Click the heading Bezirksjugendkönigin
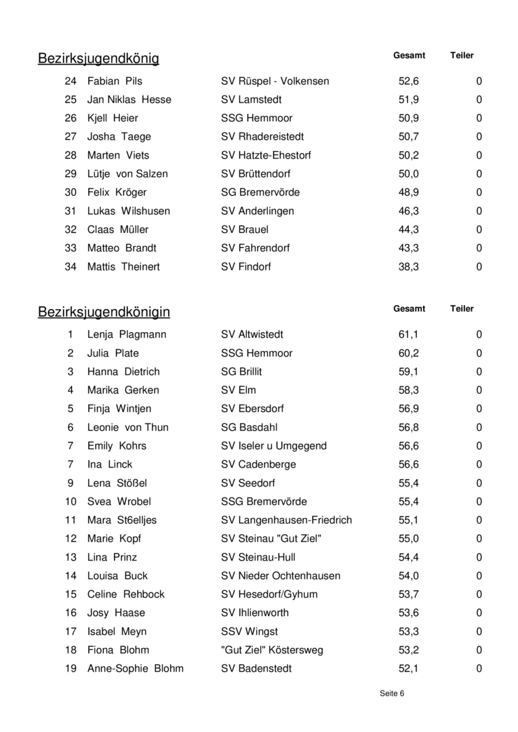pyautogui.click(x=104, y=312)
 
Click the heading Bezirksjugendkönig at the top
pyautogui.click(x=98, y=59)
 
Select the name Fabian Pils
pyautogui.click(x=115, y=81)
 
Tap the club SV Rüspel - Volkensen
pyautogui.click(x=275, y=81)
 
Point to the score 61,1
pyautogui.click(x=408, y=335)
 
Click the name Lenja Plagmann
pyautogui.click(x=126, y=335)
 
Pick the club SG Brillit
pyautogui.click(x=241, y=372)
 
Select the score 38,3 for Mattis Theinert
pyautogui.click(x=408, y=267)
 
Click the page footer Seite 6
pyautogui.click(x=392, y=694)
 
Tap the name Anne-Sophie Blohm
pyautogui.click(x=135, y=669)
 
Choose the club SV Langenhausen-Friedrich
pyautogui.click(x=286, y=521)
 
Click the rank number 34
pyautogui.click(x=71, y=267)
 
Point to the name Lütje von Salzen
pyautogui.click(x=127, y=174)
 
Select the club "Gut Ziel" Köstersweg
pyautogui.click(x=272, y=651)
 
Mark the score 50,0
pyautogui.click(x=408, y=174)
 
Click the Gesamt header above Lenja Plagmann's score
pyautogui.click(x=409, y=309)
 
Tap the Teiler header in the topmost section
pyautogui.click(x=462, y=56)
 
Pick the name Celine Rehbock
pyautogui.click(x=125, y=594)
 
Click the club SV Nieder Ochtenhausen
pyautogui.click(x=281, y=576)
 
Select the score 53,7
pyautogui.click(x=408, y=594)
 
